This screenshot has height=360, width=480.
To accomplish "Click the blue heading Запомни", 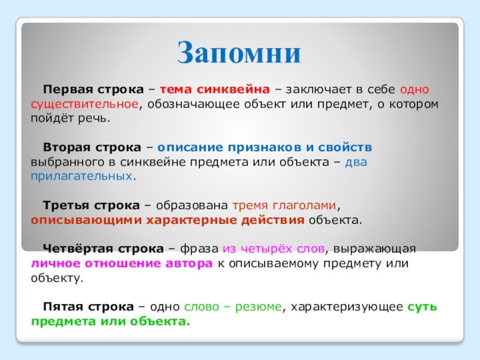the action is [239, 52].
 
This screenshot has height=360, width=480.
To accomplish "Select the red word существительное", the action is [85, 104].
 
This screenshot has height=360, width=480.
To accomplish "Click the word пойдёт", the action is [52, 118].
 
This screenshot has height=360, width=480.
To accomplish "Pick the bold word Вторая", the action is [67, 147].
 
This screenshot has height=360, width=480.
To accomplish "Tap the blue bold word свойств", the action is [345, 147].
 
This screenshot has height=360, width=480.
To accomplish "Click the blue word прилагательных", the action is [82, 176].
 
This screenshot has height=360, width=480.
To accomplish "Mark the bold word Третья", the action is [66, 205].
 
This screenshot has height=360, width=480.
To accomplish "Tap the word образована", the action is [192, 205].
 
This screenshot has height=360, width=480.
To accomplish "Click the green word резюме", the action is [259, 307].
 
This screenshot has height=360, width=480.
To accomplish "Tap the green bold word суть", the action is [422, 307].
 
